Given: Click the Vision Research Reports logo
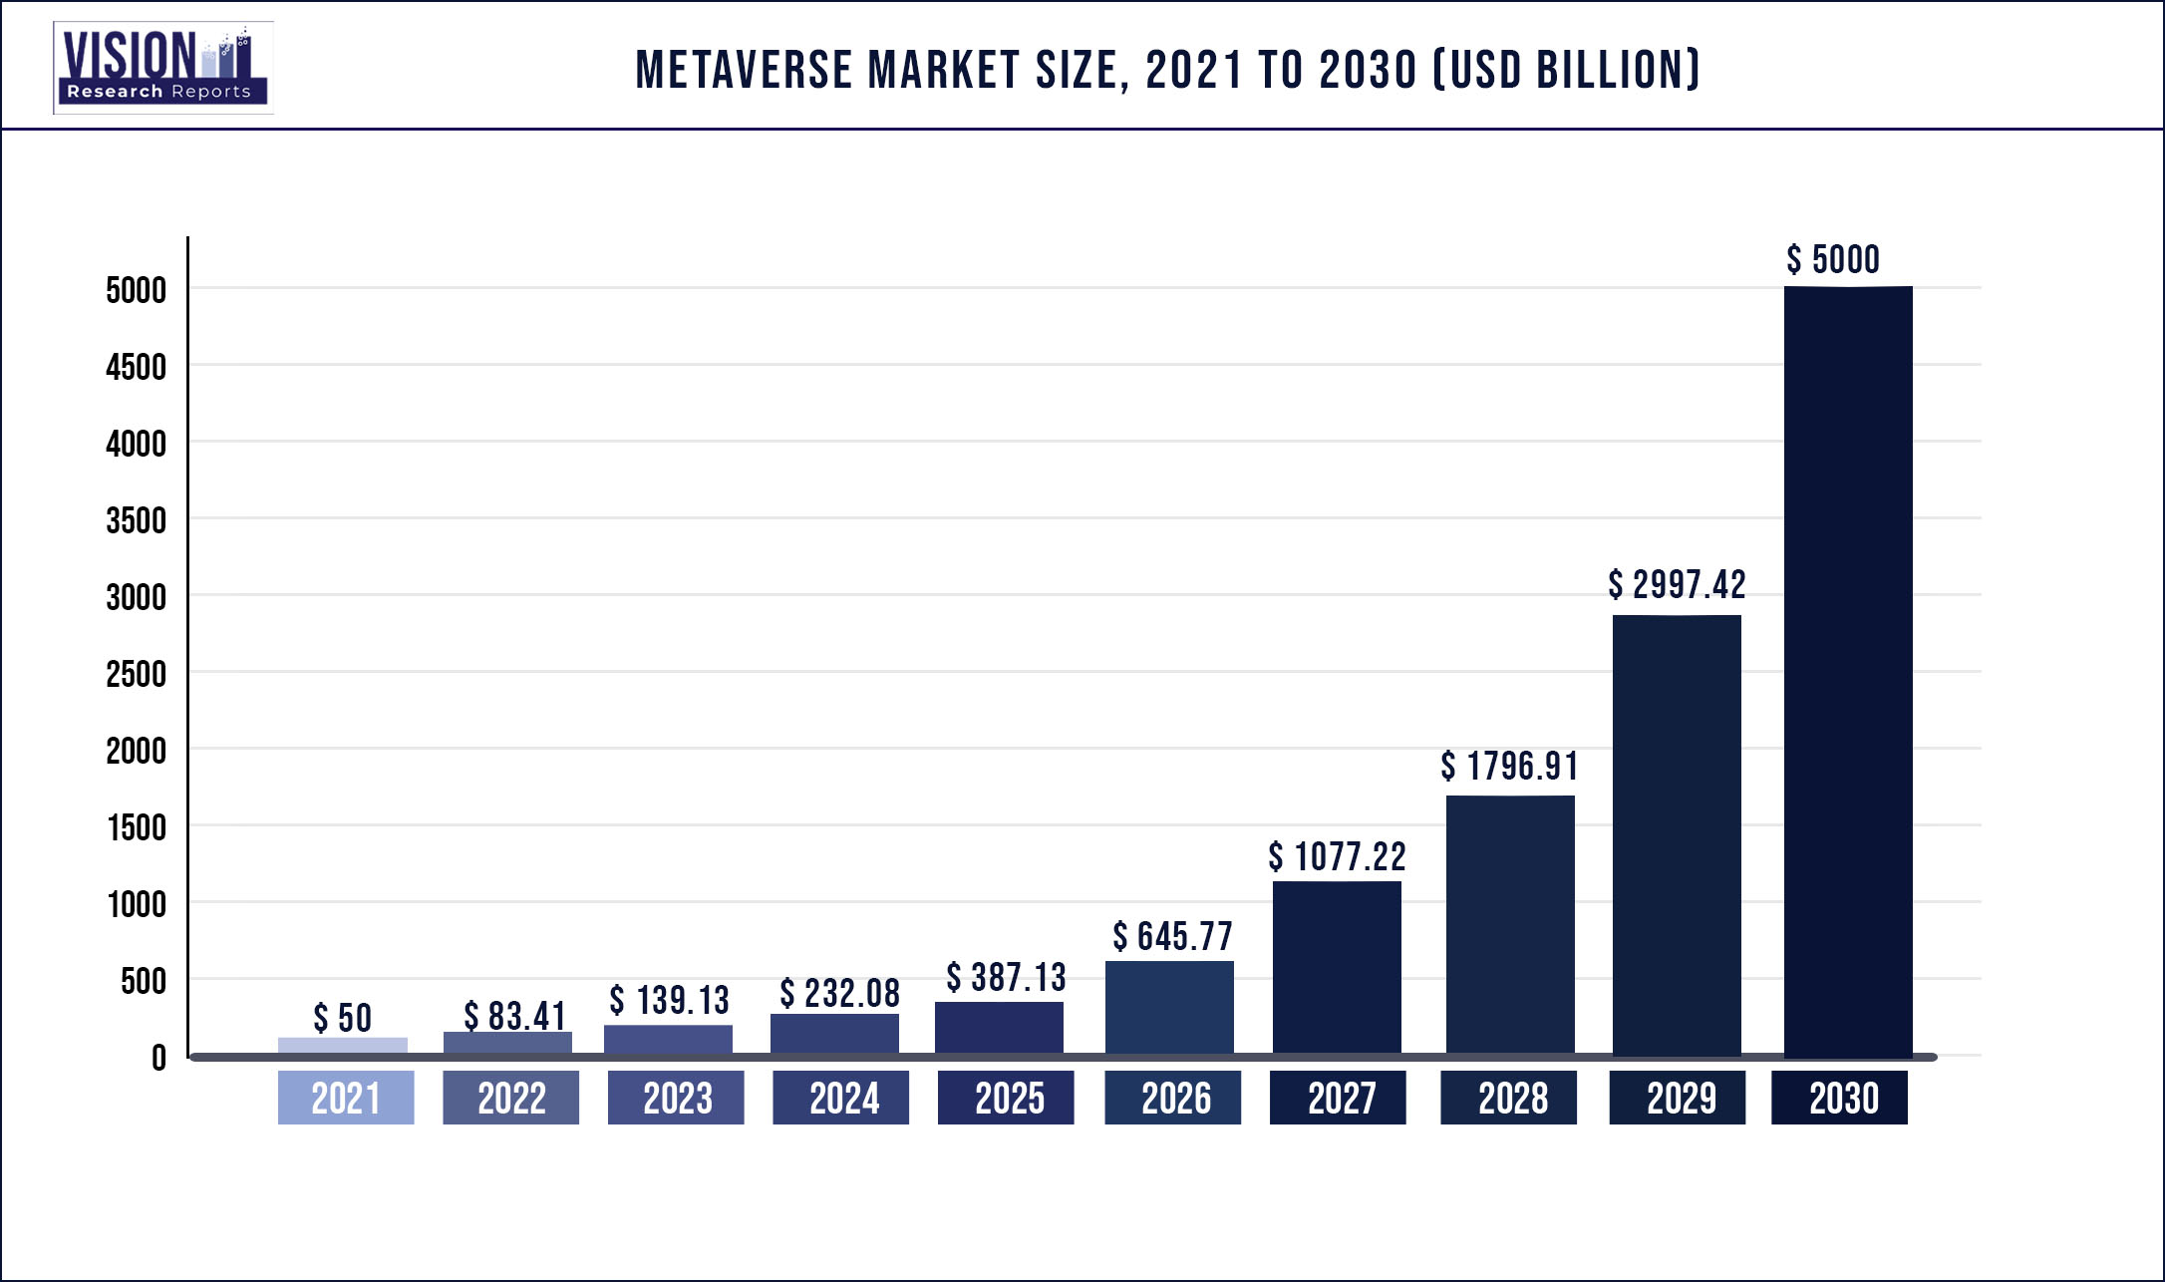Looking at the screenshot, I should pos(162,68).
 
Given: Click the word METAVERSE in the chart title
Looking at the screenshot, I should pos(744,71).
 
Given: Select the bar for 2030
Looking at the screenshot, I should pos(1847,670).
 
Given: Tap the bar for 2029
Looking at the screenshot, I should pos(1677,834).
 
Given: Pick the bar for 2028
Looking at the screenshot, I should pos(1510,924).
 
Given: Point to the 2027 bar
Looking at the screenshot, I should pos(1337,967).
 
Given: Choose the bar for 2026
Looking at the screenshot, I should pos(1169,1007).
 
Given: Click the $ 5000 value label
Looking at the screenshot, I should pos(1833,260).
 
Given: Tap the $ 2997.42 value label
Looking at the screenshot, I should pos(1677,585).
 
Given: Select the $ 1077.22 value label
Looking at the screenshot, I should pos(1337,856).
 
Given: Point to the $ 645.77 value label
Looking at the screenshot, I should pos(1172,936).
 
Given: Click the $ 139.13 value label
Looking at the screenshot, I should pos(669,1000).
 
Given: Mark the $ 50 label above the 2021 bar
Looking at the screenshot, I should pos(342,1018).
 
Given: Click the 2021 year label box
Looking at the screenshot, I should pos(345,1098).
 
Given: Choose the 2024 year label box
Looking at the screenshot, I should pos(840,1098).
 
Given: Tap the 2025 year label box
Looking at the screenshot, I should pos(1006,1098).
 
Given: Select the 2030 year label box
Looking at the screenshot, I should pos(1839,1098).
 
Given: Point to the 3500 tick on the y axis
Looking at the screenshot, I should pos(137,520).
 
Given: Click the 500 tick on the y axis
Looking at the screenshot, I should pos(144,981).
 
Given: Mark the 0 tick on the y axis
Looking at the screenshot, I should pos(158,1058).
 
